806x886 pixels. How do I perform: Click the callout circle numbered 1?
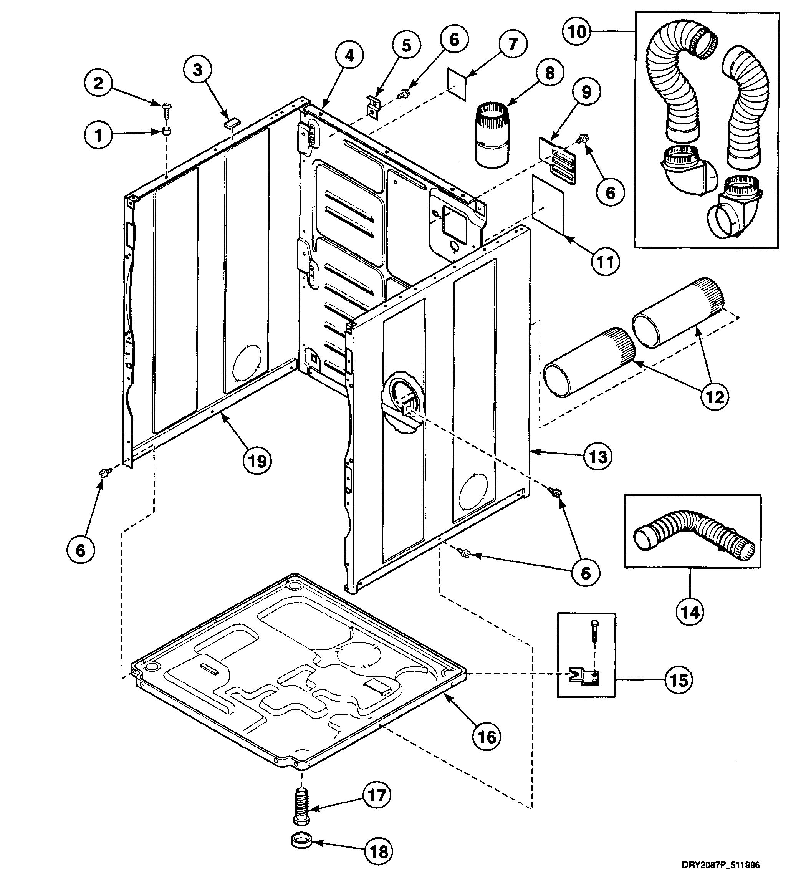pyautogui.click(x=98, y=135)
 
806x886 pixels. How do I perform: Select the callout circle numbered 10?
pyautogui.click(x=577, y=31)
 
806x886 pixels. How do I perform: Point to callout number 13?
pyautogui.click(x=598, y=457)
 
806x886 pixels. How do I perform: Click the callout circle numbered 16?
pyautogui.click(x=487, y=737)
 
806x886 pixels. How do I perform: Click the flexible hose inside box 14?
pyautogui.click(x=693, y=532)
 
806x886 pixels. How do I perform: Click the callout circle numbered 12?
pyautogui.click(x=715, y=397)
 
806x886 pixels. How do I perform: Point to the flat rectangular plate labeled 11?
pyautogui.click(x=548, y=205)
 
